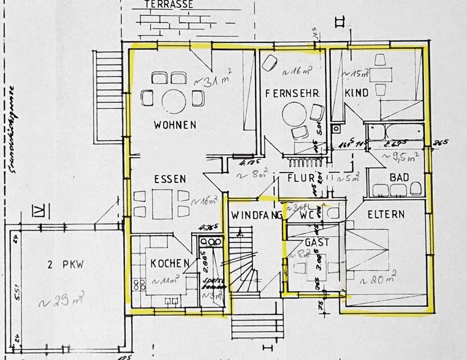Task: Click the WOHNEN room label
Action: coord(175,125)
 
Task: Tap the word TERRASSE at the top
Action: coord(169,4)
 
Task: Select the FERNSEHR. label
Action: coord(291,93)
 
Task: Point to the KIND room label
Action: coord(356,93)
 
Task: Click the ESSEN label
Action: coord(170,179)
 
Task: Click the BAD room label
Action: coord(399,177)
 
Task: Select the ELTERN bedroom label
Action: coord(386,214)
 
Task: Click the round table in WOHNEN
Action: coord(174,100)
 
